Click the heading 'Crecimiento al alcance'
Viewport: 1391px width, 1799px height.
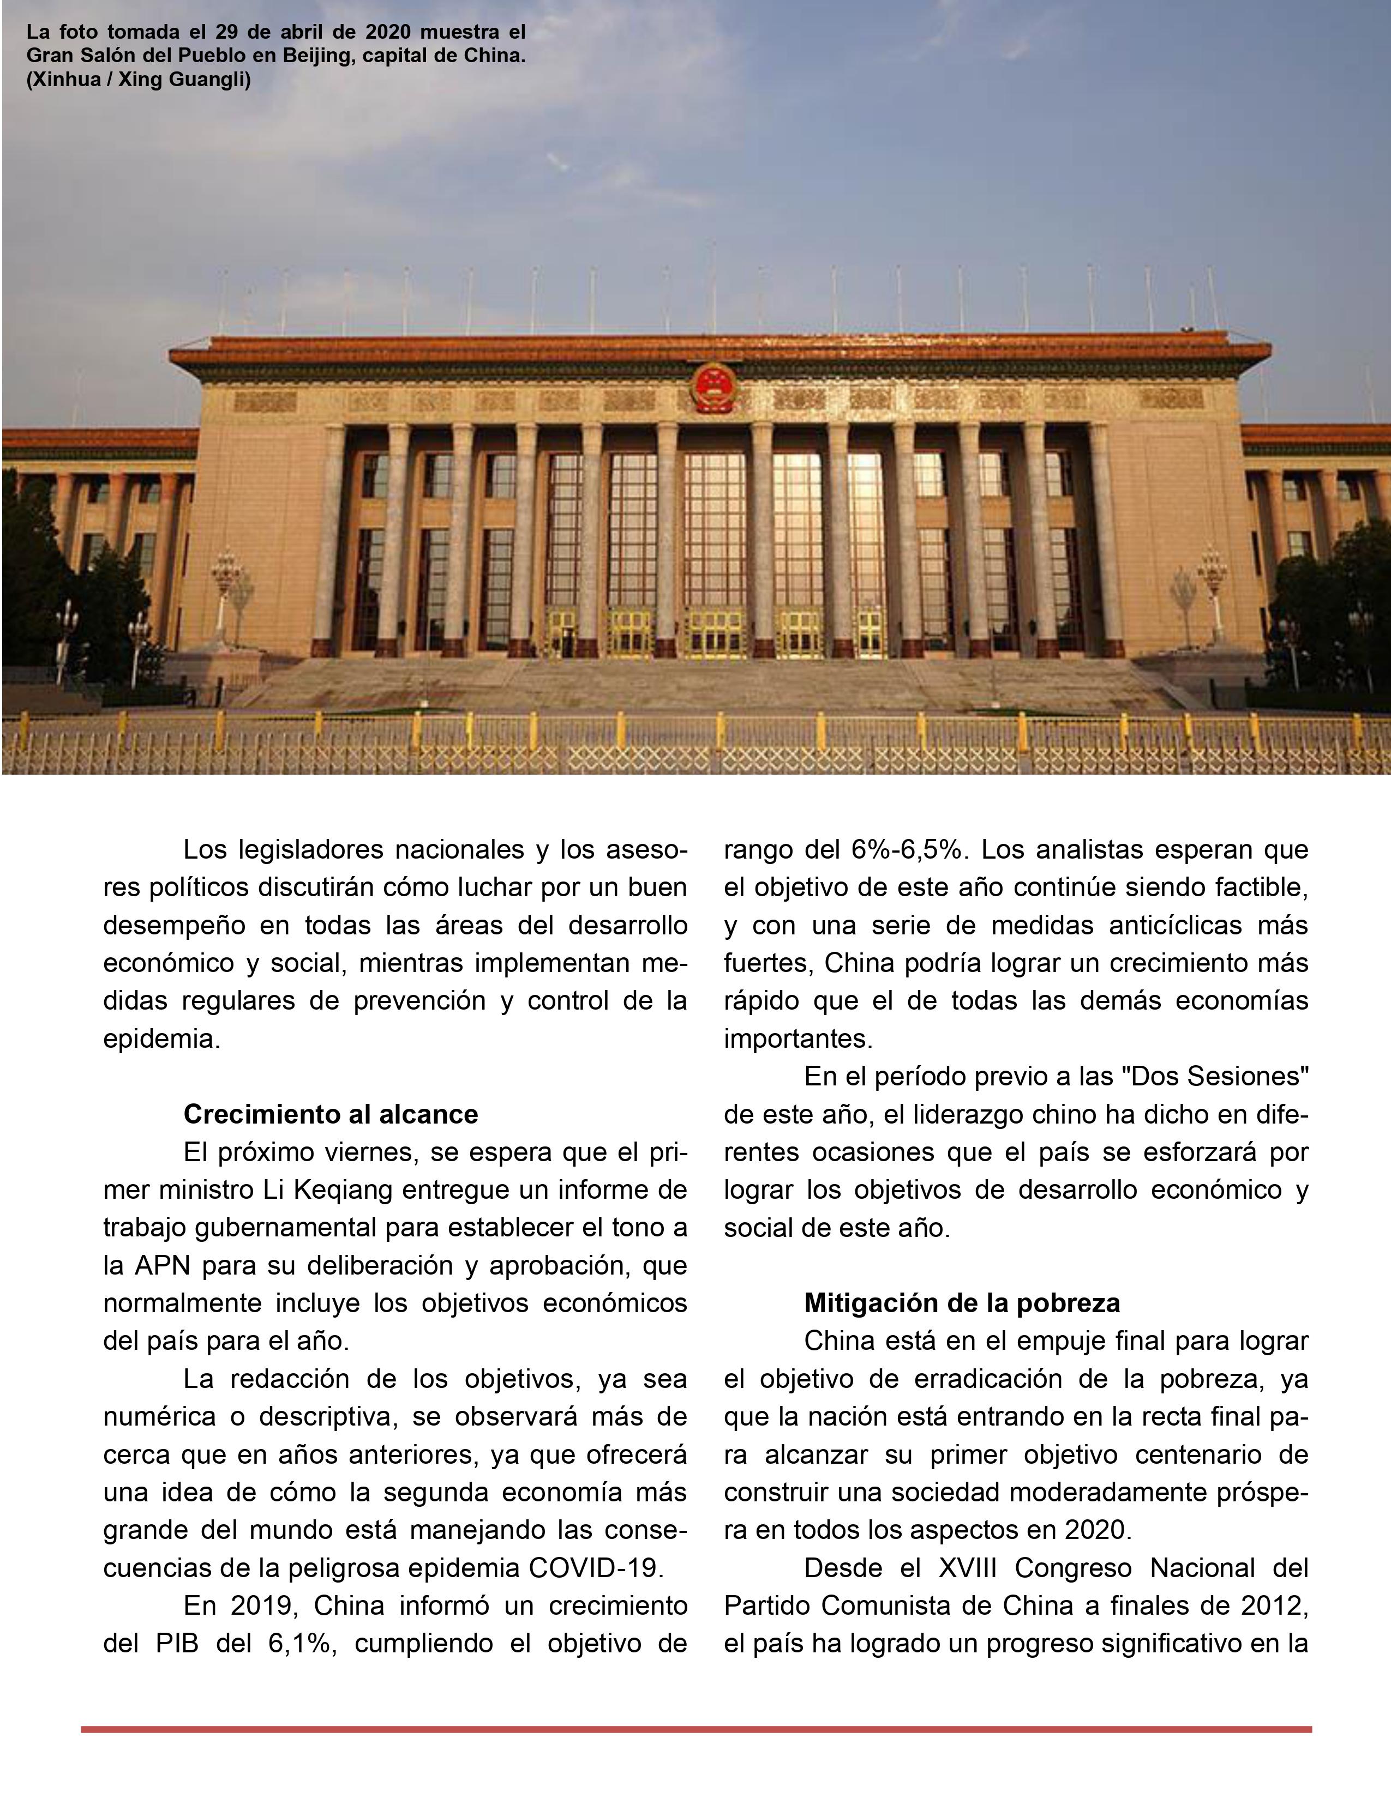pyautogui.click(x=331, y=1114)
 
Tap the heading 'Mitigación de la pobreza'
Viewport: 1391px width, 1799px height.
pyautogui.click(x=962, y=1302)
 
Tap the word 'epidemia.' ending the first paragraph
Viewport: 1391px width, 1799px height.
pyautogui.click(x=161, y=1038)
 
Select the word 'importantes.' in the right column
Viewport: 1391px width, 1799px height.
pyautogui.click(x=798, y=1038)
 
